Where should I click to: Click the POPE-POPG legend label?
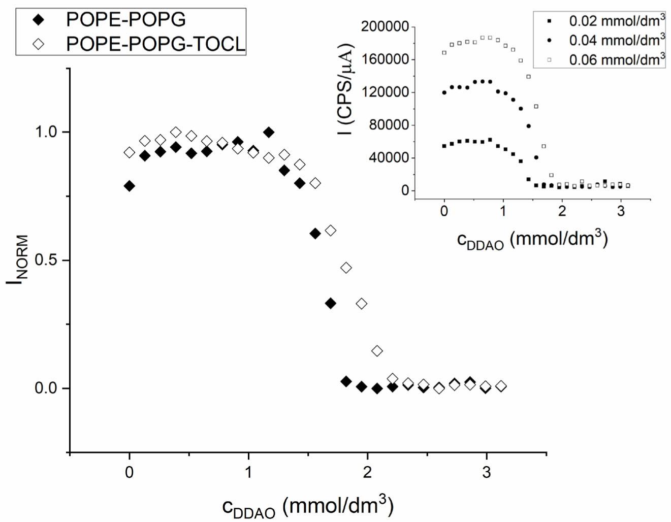pos(125,20)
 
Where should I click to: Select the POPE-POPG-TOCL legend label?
pos(155,44)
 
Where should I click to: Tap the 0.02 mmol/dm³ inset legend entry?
pos(617,21)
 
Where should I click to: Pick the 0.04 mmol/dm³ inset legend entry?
pos(617,40)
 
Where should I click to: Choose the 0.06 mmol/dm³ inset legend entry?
pos(617,59)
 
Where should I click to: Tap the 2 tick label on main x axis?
pos(367,472)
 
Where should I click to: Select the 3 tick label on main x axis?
pos(487,472)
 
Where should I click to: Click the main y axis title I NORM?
pos(17,260)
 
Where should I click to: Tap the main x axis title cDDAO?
pos(308,506)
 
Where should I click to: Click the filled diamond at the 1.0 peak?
pos(269,133)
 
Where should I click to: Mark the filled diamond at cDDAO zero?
pos(130,186)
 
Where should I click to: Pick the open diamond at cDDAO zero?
pos(130,152)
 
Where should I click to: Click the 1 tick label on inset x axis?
pos(503,211)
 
